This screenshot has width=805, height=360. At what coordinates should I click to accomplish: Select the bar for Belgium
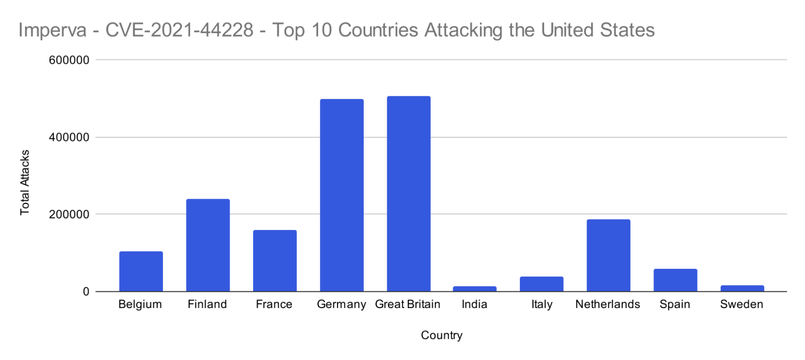[x=141, y=271]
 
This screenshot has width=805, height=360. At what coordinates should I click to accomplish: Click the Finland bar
[x=208, y=245]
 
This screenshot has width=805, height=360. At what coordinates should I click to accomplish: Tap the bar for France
[x=275, y=261]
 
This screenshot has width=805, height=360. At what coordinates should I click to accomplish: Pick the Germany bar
[x=342, y=195]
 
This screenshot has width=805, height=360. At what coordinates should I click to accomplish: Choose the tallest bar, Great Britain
[x=409, y=194]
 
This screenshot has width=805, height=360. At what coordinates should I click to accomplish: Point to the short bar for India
[x=475, y=289]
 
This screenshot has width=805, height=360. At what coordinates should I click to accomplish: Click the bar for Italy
[x=541, y=284]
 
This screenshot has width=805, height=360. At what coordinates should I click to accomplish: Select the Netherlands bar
[x=608, y=255]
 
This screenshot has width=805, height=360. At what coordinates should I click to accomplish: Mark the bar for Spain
[x=675, y=280]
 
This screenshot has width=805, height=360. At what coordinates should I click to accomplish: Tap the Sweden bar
[x=742, y=288]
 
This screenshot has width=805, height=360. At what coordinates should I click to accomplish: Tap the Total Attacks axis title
[x=25, y=182]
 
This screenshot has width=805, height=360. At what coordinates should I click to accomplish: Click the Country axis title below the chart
[x=442, y=335]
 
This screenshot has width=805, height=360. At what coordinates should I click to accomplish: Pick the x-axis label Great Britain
[x=408, y=304]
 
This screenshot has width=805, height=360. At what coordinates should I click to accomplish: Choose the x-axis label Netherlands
[x=608, y=304]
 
